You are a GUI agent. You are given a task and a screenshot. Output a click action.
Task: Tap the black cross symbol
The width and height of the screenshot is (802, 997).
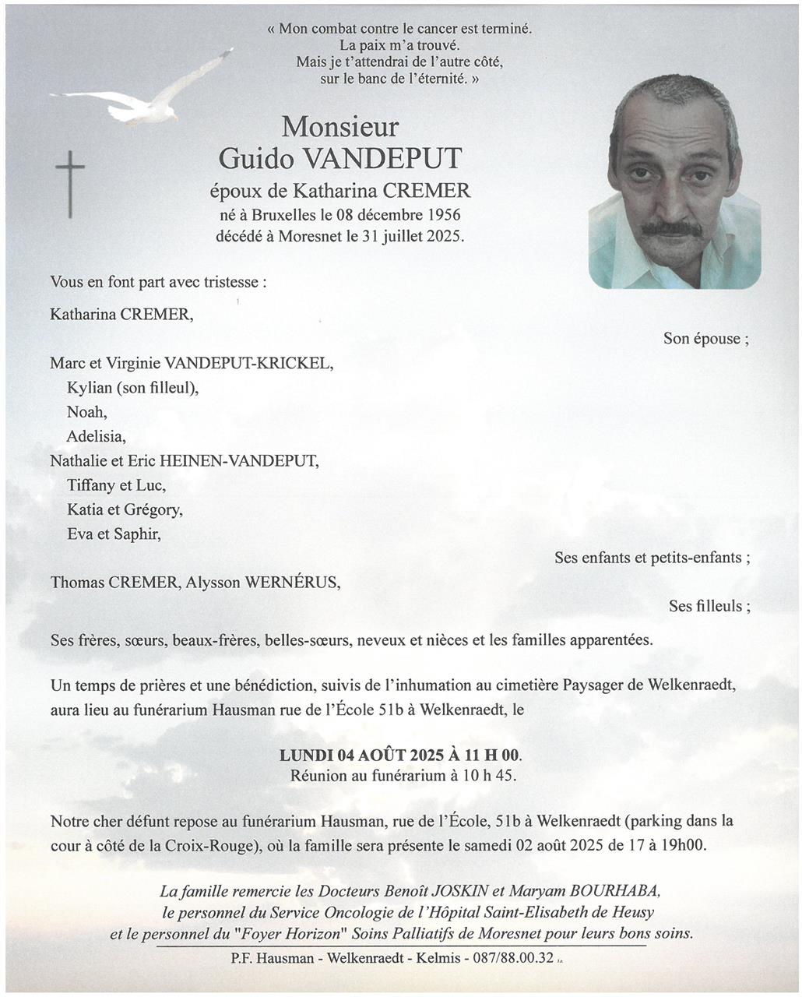pyautogui.click(x=70, y=184)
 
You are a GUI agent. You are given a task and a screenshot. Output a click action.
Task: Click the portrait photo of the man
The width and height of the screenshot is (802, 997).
pyautogui.click(x=674, y=182)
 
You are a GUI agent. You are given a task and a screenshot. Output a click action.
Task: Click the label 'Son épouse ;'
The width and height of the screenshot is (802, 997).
pyautogui.click(x=705, y=338)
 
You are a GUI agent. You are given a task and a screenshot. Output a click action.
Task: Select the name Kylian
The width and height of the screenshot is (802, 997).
pyautogui.click(x=90, y=388)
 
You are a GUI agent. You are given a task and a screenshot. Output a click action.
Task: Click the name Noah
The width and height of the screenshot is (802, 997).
pyautogui.click(x=86, y=412)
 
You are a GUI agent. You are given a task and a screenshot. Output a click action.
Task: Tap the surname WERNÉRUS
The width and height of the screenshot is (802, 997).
pyautogui.click(x=292, y=582)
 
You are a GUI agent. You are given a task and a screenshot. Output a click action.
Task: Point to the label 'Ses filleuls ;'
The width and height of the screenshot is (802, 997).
pyautogui.click(x=709, y=606)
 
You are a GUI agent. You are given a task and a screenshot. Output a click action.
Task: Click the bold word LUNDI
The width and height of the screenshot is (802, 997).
pyautogui.click(x=307, y=755)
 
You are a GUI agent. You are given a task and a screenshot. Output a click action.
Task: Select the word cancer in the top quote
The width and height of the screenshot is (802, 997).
pyautogui.click(x=437, y=29)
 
